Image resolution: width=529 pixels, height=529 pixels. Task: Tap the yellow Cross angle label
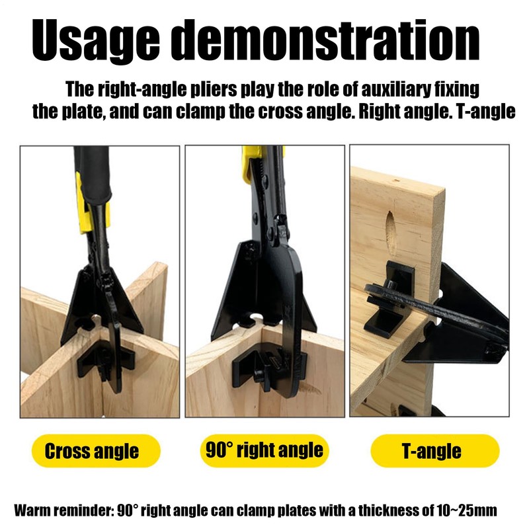(92, 452)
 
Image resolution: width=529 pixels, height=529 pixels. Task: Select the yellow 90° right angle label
(264, 450)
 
